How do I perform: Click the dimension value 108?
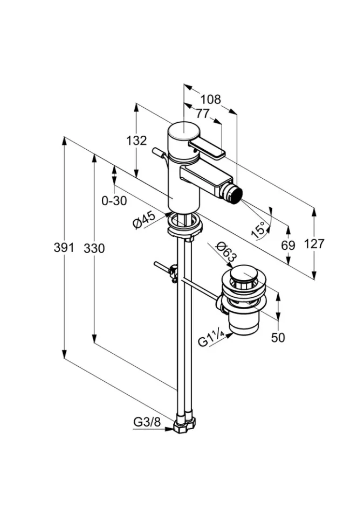coord(211,99)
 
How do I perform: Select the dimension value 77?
coord(202,114)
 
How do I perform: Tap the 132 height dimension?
coord(136,141)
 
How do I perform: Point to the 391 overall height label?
coord(65,248)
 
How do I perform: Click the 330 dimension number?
coord(94,248)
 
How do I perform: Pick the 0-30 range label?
coord(114,201)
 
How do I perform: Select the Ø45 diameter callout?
coord(144,220)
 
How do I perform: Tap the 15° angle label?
coord(259,229)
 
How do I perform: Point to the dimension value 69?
coord(289,245)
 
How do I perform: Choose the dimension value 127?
coord(314,244)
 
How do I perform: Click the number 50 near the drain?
coord(278,338)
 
